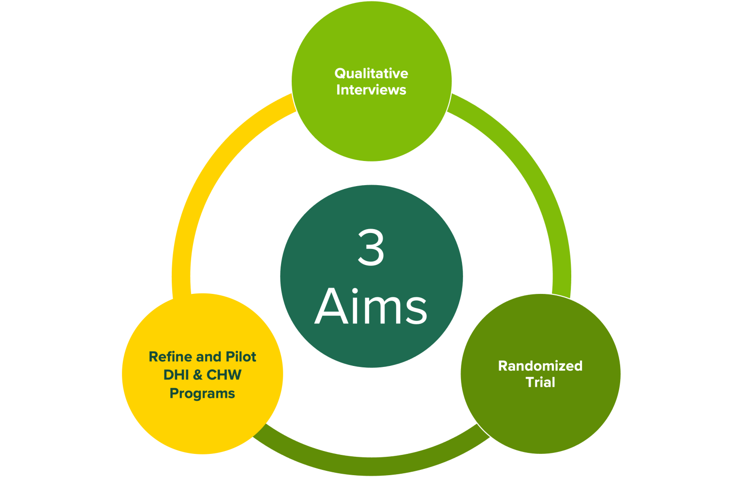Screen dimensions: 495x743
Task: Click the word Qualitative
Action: click(x=371, y=73)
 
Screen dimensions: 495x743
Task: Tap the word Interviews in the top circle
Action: click(x=371, y=90)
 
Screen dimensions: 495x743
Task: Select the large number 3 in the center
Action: click(x=371, y=247)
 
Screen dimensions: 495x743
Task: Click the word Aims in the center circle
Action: click(x=371, y=306)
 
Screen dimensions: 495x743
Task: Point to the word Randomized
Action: click(x=540, y=366)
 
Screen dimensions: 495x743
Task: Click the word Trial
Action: click(x=540, y=382)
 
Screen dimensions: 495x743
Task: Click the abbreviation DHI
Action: click(x=176, y=375)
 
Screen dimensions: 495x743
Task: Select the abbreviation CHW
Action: click(x=224, y=375)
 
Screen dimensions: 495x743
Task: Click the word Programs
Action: click(x=202, y=393)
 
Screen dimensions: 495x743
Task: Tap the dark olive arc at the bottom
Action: click(x=371, y=466)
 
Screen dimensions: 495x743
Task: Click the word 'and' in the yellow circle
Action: click(x=209, y=357)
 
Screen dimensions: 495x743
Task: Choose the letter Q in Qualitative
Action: click(x=340, y=73)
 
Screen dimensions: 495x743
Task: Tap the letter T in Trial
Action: click(x=530, y=382)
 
